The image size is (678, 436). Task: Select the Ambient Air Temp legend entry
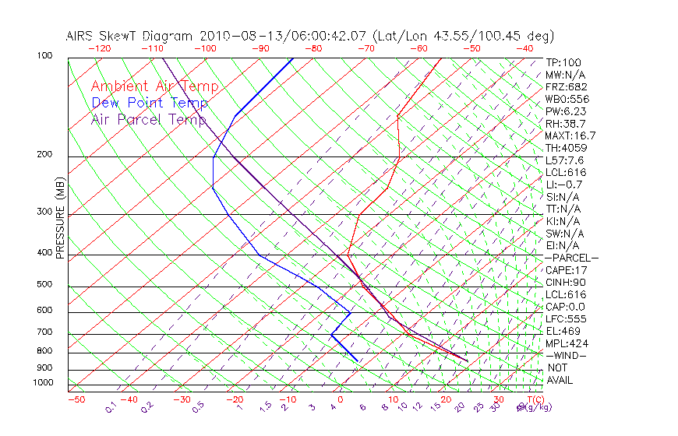point(154,86)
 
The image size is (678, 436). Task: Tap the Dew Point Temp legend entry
point(149,103)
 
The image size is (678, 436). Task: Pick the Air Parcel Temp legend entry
point(148,119)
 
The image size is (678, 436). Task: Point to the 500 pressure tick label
point(44,285)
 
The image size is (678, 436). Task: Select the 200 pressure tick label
point(44,154)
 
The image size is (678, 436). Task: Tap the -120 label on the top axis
point(99,48)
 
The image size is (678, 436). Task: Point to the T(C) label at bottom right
point(534,400)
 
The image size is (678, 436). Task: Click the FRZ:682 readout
point(567,86)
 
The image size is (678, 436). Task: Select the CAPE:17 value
point(567,270)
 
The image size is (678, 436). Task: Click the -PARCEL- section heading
point(571,258)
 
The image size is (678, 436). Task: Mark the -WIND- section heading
point(567,356)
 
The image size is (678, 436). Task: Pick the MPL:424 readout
point(567,343)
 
